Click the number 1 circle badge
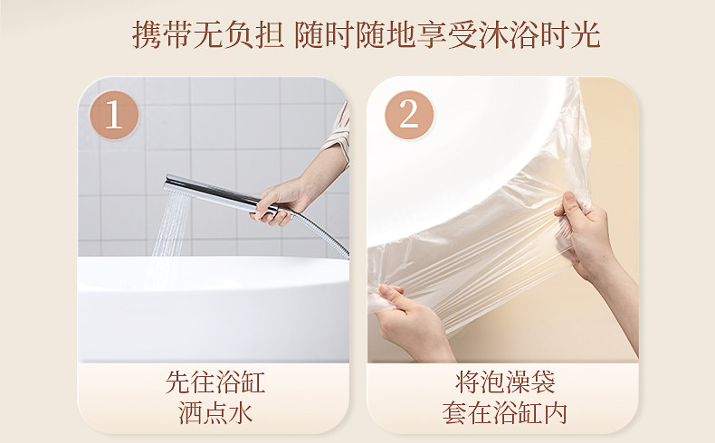click(x=114, y=115)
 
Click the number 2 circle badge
click(x=409, y=115)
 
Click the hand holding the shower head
click(x=279, y=203)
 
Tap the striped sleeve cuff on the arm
click(x=338, y=132)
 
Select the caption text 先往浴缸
click(x=214, y=382)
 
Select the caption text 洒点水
click(x=215, y=412)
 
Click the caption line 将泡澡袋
click(x=505, y=382)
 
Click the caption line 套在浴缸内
click(x=505, y=412)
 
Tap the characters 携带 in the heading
click(x=161, y=35)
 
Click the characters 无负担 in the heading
click(x=238, y=35)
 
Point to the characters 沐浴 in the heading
click(x=509, y=35)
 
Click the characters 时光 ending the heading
click(x=569, y=35)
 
